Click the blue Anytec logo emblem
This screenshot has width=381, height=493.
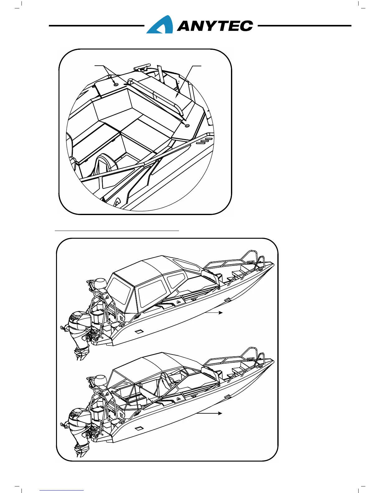[x=160, y=25]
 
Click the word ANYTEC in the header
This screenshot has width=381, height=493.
[x=215, y=26]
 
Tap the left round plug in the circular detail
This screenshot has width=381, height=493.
[x=116, y=84]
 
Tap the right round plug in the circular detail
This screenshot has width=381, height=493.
[x=187, y=125]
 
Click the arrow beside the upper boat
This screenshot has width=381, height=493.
[x=215, y=312]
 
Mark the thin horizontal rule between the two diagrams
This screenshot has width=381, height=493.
[x=117, y=231]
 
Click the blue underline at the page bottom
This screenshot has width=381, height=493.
[x=62, y=490]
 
